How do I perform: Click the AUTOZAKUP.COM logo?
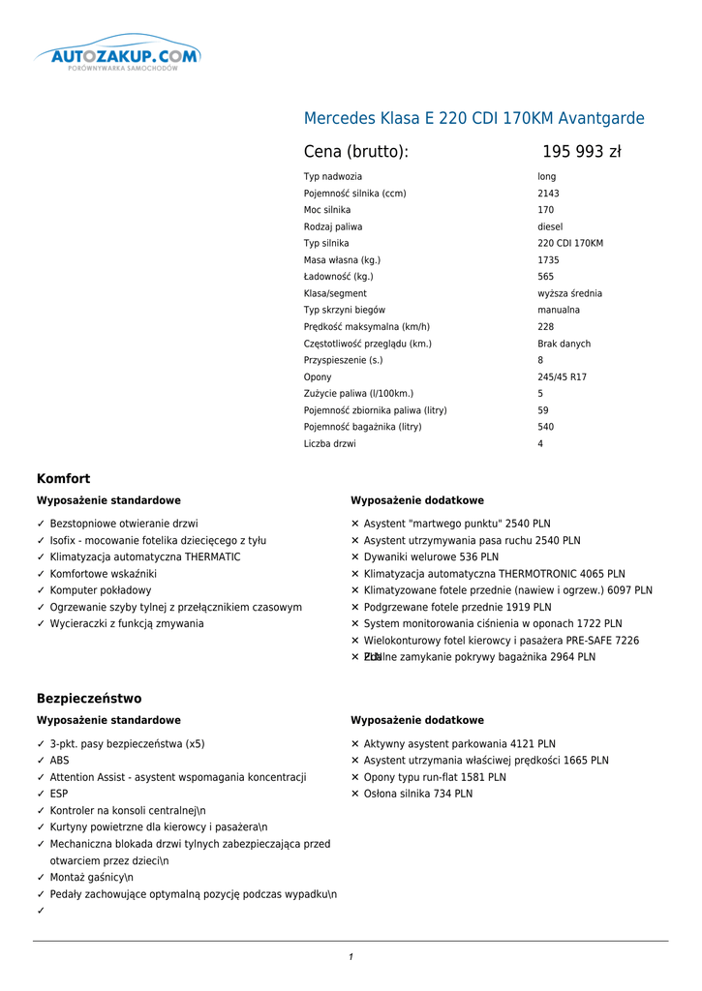(x=119, y=56)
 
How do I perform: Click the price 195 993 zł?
(x=581, y=152)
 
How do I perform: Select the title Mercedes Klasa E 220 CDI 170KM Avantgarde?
(x=473, y=119)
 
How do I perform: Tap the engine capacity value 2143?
(x=548, y=194)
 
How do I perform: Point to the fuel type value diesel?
(x=550, y=226)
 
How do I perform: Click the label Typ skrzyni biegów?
(x=344, y=310)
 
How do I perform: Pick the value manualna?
(x=559, y=310)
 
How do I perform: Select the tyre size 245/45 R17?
(x=562, y=377)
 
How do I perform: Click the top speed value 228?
(x=546, y=327)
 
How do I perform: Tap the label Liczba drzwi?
(x=329, y=444)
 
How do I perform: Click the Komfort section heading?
(x=63, y=479)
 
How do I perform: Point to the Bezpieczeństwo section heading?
(x=89, y=699)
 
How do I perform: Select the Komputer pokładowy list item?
(x=101, y=590)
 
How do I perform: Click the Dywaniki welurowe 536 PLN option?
(x=431, y=557)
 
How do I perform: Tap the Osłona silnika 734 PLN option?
(x=418, y=794)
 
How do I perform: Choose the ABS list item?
(x=60, y=761)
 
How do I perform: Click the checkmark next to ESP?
(x=42, y=794)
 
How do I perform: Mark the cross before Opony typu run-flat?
(x=355, y=777)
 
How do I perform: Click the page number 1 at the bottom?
(x=351, y=957)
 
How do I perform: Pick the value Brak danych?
(x=564, y=344)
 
